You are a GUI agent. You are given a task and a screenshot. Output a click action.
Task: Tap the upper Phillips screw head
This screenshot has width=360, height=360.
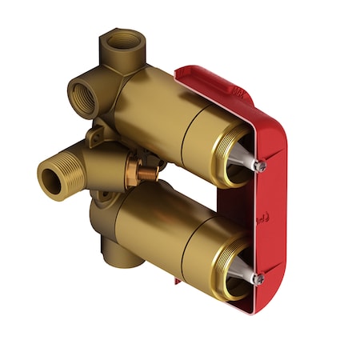tap(258, 166)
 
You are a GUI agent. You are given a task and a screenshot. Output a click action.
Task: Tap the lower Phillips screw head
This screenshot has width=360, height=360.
tap(258, 279)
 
